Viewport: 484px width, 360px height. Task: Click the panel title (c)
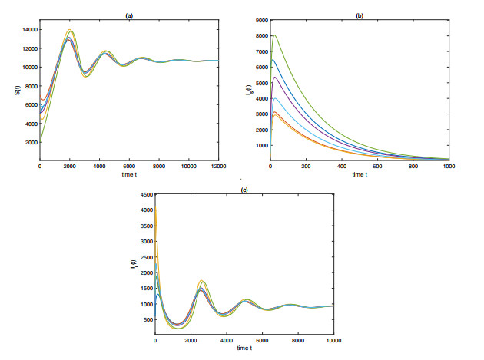(x=244, y=189)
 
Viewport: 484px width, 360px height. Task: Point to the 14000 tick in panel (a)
(x=28, y=28)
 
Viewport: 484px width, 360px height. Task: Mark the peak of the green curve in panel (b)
(x=275, y=35)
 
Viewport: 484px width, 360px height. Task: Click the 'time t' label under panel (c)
(x=244, y=348)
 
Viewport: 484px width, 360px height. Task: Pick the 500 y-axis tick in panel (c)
(x=146, y=319)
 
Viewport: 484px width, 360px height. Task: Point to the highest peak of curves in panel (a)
(x=70, y=30)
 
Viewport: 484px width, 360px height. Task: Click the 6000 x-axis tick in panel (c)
(x=262, y=340)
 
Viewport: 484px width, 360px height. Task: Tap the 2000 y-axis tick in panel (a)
(x=29, y=142)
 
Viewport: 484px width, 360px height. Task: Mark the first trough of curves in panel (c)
(x=177, y=326)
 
